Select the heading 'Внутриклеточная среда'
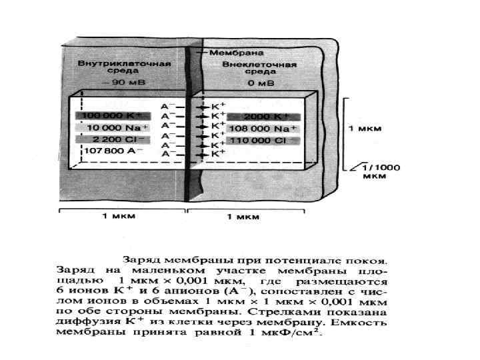[x=125, y=67]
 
